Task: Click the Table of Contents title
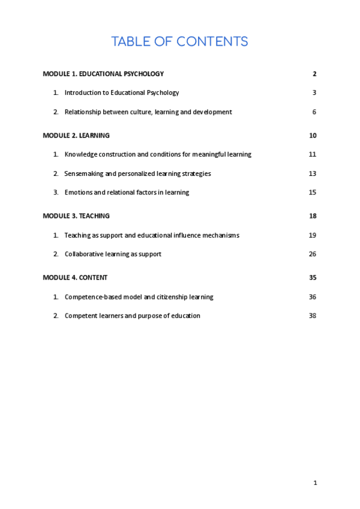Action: click(x=179, y=41)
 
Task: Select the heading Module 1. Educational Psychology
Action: click(x=103, y=74)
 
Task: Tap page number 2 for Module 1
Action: click(x=314, y=74)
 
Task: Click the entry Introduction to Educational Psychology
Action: click(x=122, y=93)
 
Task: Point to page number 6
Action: click(x=314, y=112)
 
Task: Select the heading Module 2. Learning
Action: click(x=76, y=136)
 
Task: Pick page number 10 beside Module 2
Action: click(x=313, y=136)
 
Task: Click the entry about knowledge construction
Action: click(x=158, y=154)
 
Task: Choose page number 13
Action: click(x=313, y=173)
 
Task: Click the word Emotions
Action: click(x=78, y=193)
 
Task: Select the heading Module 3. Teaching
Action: click(x=76, y=216)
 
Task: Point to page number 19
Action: click(x=313, y=235)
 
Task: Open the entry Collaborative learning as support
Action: click(x=113, y=254)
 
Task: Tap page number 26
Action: click(x=313, y=254)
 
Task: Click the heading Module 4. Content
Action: click(x=76, y=278)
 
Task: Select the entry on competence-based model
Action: click(x=139, y=297)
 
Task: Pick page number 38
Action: click(x=313, y=316)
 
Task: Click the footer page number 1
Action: click(x=315, y=483)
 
